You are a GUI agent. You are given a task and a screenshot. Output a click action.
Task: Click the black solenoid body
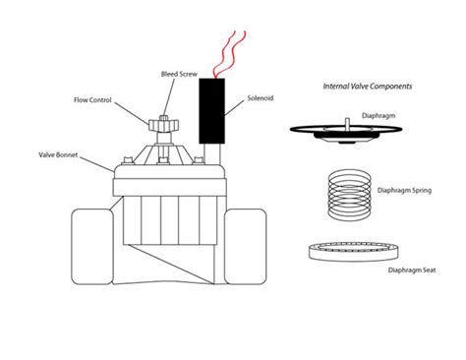coord(211,109)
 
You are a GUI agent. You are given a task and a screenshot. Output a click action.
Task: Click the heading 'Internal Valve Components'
coord(369,88)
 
